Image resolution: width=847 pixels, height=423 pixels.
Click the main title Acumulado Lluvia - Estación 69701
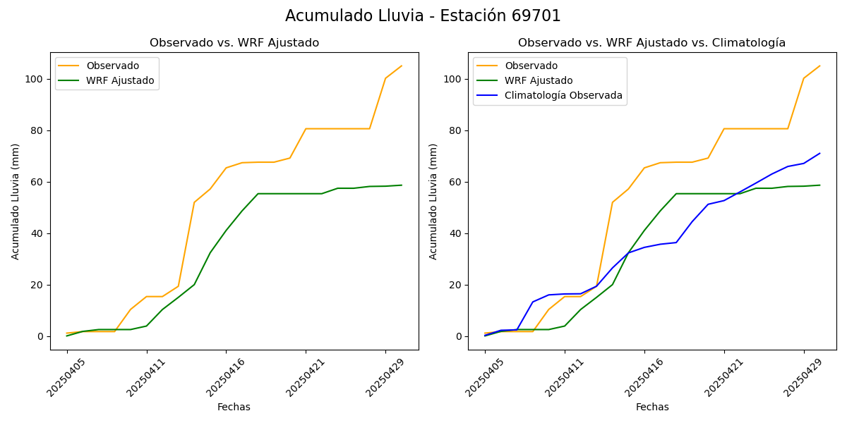click(x=423, y=16)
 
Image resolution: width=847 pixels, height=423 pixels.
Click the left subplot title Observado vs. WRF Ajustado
click(x=234, y=43)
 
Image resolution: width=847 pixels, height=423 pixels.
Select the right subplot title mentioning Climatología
click(x=651, y=43)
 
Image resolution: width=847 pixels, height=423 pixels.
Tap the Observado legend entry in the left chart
click(x=112, y=66)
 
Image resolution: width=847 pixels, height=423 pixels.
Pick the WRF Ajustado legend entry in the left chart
click(x=120, y=80)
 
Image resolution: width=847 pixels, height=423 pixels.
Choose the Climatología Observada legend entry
click(x=563, y=95)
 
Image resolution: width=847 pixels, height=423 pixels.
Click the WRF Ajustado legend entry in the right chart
click(x=538, y=80)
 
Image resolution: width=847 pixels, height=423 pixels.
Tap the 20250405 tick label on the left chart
click(x=65, y=374)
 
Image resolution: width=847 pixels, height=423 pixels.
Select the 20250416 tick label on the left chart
click(x=224, y=374)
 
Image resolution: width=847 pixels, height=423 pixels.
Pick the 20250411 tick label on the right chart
click(x=563, y=374)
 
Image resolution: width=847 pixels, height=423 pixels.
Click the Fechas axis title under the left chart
click(x=234, y=407)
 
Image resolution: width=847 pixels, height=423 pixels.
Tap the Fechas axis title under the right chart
click(x=652, y=407)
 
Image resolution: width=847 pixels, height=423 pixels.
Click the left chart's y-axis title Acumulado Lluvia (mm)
click(x=16, y=201)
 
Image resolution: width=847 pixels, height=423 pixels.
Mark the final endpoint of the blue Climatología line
click(x=819, y=153)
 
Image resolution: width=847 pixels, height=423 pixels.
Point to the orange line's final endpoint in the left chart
click(x=402, y=66)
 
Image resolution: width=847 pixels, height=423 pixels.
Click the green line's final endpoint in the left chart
click(x=402, y=185)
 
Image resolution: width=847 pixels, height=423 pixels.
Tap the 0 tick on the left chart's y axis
click(x=40, y=336)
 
